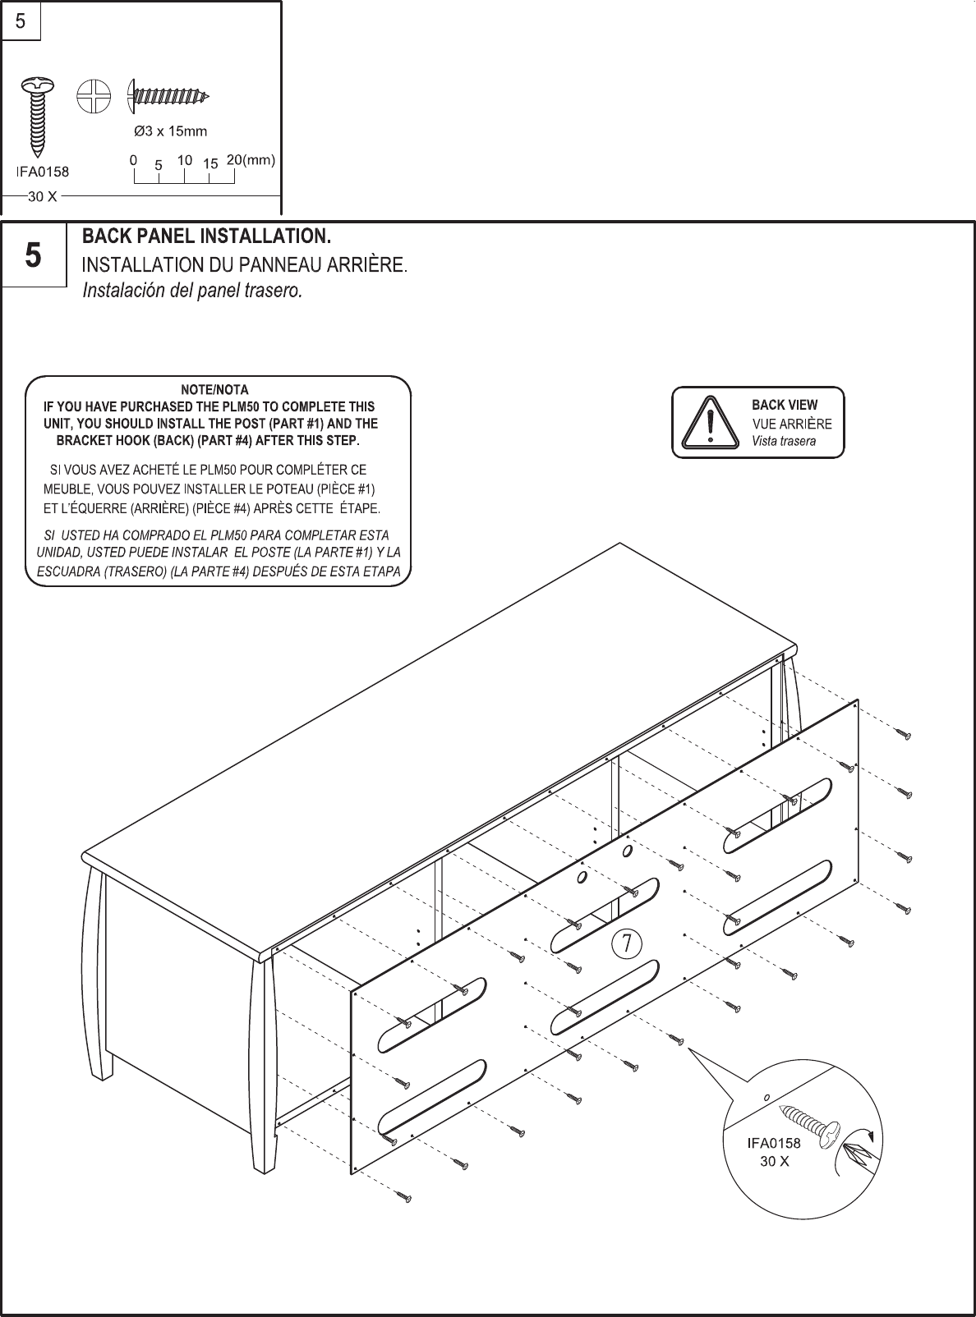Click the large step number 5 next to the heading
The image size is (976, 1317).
tap(33, 255)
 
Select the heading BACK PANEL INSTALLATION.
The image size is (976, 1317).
tap(206, 237)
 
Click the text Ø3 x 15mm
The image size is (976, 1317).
tap(170, 131)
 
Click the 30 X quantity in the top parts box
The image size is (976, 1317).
tap(42, 197)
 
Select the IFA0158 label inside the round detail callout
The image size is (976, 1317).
tap(773, 1142)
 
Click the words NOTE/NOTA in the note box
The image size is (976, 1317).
tap(214, 389)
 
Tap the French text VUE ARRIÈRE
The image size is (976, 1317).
tap(792, 424)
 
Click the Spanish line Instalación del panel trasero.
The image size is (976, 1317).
tap(192, 291)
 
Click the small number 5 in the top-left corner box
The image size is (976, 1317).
tap(20, 22)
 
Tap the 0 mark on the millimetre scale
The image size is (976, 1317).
tap(133, 161)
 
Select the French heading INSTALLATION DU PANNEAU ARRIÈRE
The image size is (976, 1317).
tap(244, 265)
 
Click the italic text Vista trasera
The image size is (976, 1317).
tap(784, 441)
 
